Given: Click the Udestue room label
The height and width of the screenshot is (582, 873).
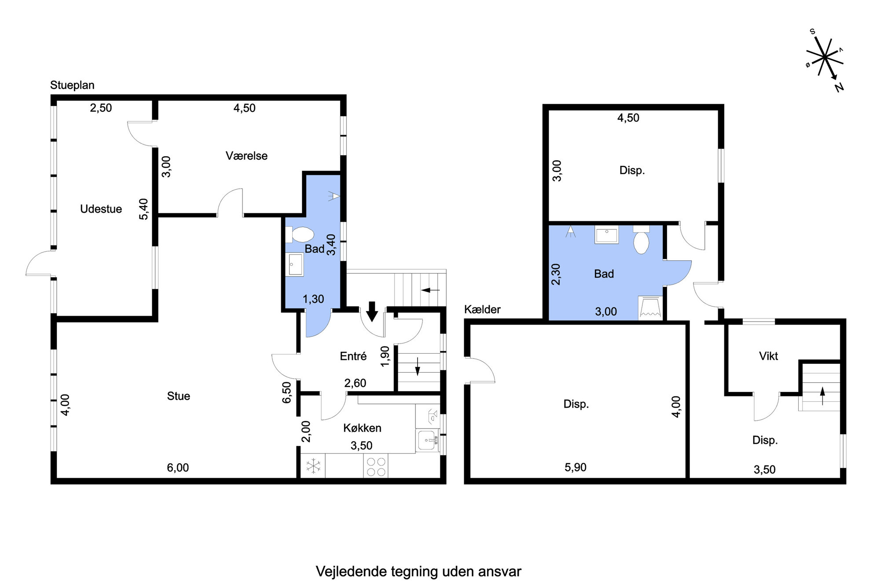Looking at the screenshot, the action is (x=101, y=209).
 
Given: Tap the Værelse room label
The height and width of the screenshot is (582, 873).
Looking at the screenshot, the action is (x=246, y=156).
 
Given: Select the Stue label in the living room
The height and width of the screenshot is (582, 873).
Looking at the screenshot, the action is (x=179, y=396).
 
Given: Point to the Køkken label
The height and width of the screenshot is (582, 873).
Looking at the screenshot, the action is (x=362, y=428).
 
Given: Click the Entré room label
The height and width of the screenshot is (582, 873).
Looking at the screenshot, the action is (x=353, y=356).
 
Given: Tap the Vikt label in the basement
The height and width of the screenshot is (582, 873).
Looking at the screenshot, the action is (x=768, y=356).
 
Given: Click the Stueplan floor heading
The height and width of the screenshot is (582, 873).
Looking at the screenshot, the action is (x=72, y=85).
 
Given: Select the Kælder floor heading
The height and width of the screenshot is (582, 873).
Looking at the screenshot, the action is (x=482, y=309).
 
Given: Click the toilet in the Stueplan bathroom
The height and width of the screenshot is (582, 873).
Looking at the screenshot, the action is (x=300, y=234).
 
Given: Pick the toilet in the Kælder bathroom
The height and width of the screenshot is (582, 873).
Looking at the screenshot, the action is (x=641, y=240).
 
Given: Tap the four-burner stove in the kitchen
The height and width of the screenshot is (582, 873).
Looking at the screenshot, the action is (x=376, y=466).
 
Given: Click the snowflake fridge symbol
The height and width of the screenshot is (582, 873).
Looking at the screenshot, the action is (x=313, y=466).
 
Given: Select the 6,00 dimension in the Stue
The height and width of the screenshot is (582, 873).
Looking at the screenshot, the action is (x=178, y=468).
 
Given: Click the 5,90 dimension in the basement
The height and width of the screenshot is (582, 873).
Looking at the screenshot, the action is (x=576, y=467).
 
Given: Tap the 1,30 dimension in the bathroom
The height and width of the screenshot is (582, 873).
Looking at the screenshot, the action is (x=313, y=299).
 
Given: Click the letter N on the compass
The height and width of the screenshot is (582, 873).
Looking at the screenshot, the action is (x=839, y=88).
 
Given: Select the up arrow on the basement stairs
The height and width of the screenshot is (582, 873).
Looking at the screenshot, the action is (x=822, y=396).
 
